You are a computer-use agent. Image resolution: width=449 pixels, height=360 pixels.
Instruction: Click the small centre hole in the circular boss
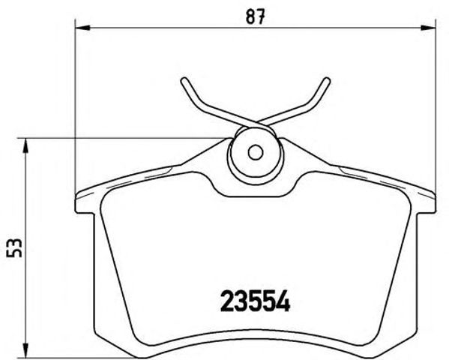[255, 152]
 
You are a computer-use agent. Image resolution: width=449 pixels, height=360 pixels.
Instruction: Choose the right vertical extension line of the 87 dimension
[435, 112]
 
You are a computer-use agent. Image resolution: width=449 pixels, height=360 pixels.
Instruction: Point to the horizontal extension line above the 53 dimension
[120, 139]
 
